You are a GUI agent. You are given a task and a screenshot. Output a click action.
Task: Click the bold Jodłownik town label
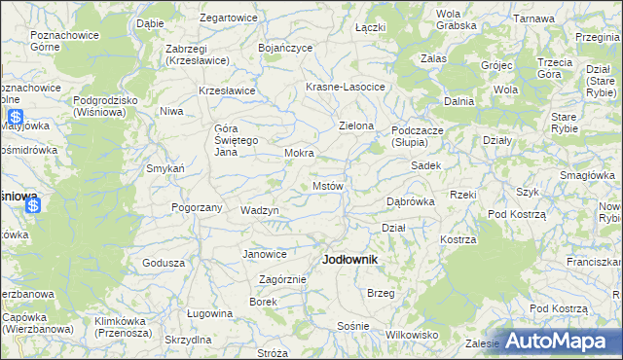[x=349, y=260]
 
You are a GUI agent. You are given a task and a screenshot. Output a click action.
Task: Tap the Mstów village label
[x=327, y=185]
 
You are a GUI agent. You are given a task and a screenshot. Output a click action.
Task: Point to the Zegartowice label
[x=228, y=18]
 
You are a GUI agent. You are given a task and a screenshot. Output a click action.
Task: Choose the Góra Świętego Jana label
[x=235, y=141]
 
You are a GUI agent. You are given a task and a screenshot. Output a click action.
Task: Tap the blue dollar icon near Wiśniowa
[x=32, y=205]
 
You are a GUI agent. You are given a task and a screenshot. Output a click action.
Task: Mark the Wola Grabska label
[x=448, y=19]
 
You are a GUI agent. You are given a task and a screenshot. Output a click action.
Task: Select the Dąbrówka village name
[x=410, y=201]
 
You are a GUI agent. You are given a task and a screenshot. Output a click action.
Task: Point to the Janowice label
[x=265, y=255]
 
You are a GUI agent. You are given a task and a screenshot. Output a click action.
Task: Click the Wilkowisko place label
[x=412, y=334]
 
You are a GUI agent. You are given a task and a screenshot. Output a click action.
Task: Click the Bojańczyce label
[x=285, y=47]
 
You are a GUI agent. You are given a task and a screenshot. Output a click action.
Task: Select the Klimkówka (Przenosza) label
[x=123, y=325]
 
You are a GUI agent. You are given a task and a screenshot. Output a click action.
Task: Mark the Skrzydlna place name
[x=188, y=340]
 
